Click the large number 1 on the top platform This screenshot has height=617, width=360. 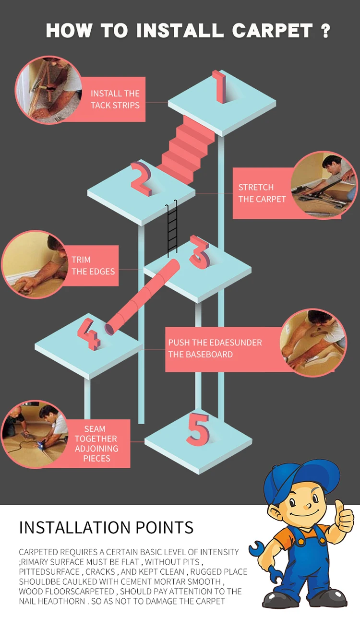tap(220, 87)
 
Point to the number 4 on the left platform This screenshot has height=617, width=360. tap(89, 333)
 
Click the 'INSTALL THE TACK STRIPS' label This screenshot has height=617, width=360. tap(115, 99)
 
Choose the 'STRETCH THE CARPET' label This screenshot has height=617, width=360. tap(262, 193)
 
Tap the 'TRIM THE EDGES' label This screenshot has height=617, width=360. tap(93, 265)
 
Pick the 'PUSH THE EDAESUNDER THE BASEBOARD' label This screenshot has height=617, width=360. tap(215, 349)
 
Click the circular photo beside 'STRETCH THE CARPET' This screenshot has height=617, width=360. tap(324, 185)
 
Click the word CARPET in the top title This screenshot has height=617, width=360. tap(272, 31)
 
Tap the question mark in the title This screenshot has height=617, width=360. tap(325, 31)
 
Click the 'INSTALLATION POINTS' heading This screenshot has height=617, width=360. tap(106, 527)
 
